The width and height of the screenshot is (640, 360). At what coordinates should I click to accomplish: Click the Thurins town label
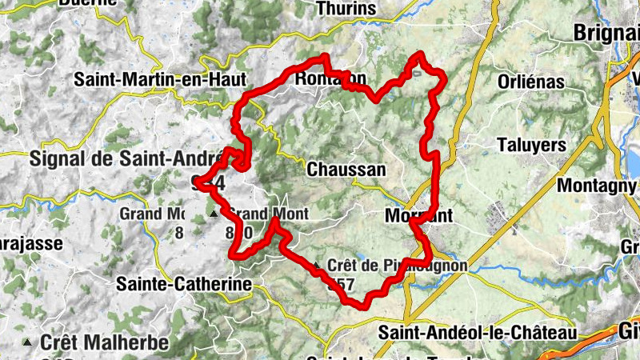point(346,9)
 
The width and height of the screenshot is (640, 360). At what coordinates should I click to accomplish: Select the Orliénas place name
point(531,82)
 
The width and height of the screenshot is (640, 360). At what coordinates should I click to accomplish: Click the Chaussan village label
point(346,170)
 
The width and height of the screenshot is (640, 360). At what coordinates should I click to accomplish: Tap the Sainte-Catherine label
point(184,283)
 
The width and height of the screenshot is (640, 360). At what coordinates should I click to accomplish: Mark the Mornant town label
point(418,215)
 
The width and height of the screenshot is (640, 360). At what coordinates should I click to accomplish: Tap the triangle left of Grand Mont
point(213,215)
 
